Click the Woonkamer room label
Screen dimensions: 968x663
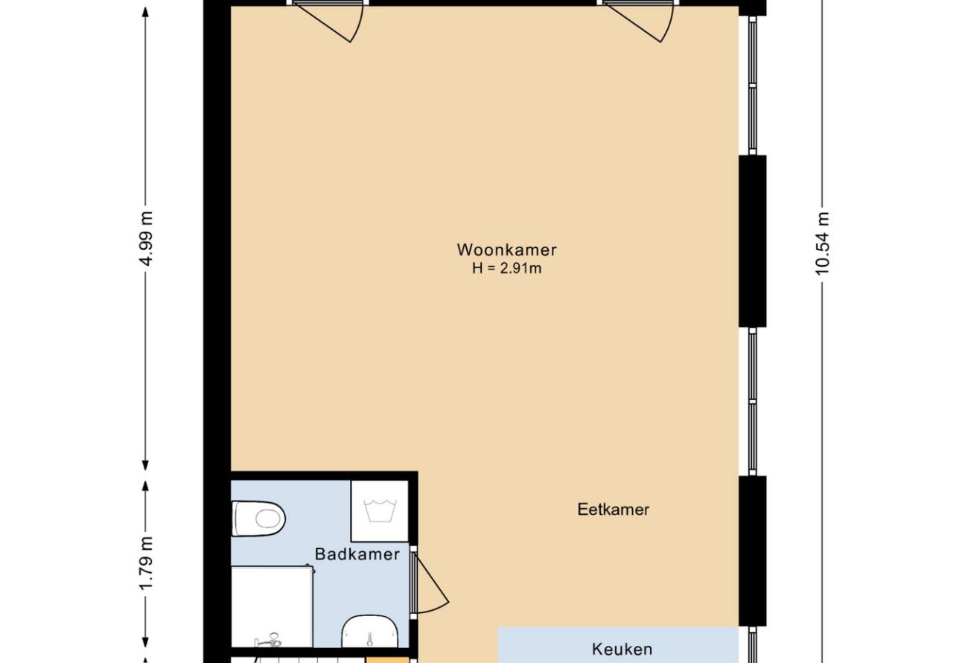tap(506, 250)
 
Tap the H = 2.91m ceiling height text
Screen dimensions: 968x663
tap(506, 268)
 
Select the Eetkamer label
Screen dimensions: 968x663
tap(614, 510)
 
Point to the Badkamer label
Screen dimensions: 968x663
tap(357, 554)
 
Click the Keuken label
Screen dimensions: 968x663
tap(622, 649)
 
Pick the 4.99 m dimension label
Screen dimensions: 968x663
tap(147, 238)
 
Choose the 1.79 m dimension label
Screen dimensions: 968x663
tap(147, 562)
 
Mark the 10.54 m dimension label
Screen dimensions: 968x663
tap(822, 244)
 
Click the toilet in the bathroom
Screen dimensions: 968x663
tap(258, 518)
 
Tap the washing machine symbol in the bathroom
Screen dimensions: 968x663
tap(380, 511)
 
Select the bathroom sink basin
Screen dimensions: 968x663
tap(369, 632)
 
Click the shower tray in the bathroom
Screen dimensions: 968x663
tap(272, 606)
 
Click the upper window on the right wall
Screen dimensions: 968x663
tap(752, 86)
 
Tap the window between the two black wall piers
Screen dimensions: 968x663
tap(752, 402)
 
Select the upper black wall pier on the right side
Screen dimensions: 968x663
tap(752, 241)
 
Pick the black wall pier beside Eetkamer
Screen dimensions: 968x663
tap(752, 551)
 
